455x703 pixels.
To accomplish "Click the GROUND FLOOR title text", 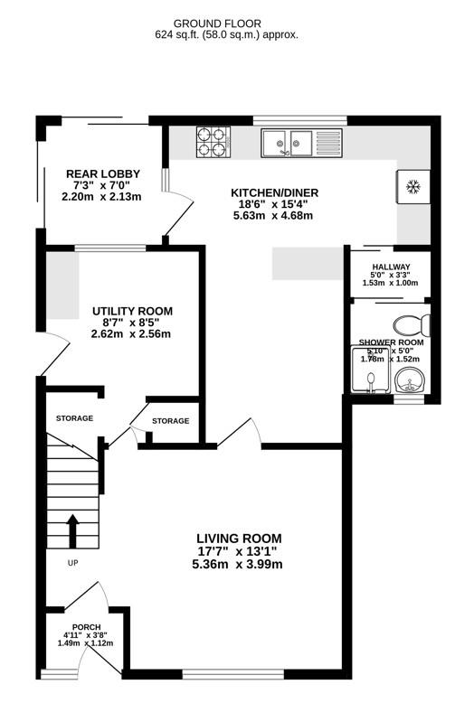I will tap(226, 23).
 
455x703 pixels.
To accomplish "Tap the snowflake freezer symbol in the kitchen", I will tap(413, 188).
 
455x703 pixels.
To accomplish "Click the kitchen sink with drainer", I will tap(299, 143).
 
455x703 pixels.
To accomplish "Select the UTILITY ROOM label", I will tap(132, 311).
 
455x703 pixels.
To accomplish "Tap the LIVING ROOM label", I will tap(238, 537).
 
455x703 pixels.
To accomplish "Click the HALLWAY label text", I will tap(391, 267).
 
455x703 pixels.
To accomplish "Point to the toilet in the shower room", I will tap(413, 323).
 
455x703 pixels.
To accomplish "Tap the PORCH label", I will tap(87, 627).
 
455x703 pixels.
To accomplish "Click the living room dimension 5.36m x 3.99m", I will tap(238, 565).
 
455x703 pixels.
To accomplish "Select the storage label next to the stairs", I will tap(74, 418).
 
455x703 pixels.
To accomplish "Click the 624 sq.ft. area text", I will tap(226, 35).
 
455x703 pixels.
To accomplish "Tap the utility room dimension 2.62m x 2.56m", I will tap(132, 334).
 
